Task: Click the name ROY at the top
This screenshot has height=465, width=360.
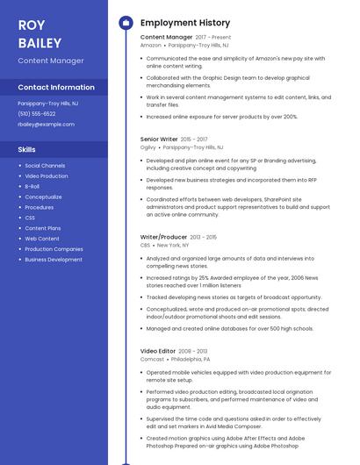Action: [x=32, y=25]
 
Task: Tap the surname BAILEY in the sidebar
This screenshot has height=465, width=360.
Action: [x=40, y=43]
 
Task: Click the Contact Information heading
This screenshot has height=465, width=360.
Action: [x=56, y=88]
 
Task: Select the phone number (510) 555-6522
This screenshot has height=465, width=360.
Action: [x=37, y=113]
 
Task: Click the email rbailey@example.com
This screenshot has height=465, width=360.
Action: [x=46, y=124]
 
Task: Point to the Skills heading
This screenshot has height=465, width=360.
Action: [x=26, y=149]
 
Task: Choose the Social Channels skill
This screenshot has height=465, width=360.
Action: [x=45, y=165]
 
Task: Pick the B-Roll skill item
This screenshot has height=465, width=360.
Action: [x=32, y=186]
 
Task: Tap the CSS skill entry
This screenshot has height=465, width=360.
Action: [x=30, y=218]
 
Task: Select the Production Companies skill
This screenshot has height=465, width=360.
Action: [x=54, y=249]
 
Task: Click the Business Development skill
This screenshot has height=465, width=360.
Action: [x=54, y=260]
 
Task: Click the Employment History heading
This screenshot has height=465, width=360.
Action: [x=185, y=23]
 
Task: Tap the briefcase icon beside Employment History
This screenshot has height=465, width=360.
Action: [x=126, y=23]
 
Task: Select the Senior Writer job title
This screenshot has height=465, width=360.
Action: [x=159, y=139]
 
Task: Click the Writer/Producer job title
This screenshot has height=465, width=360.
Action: [x=163, y=237]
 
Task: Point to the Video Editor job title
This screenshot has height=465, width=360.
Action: [x=159, y=351]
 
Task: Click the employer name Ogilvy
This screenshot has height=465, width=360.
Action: [x=148, y=147]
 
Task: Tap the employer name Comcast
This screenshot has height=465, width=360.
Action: [x=152, y=360]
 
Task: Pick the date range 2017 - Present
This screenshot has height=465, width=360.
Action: [x=213, y=38]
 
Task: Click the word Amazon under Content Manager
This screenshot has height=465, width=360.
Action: [x=151, y=46]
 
